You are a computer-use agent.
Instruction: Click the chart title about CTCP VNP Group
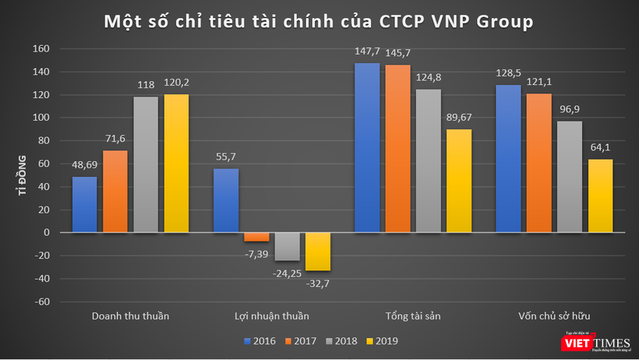click(x=319, y=22)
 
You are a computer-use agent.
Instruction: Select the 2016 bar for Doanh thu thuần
click(x=84, y=204)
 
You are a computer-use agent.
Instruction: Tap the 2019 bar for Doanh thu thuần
click(x=176, y=164)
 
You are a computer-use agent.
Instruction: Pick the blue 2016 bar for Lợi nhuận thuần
click(x=225, y=200)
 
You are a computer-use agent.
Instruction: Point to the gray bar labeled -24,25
click(x=287, y=246)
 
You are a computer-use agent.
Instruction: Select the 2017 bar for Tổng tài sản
click(x=397, y=149)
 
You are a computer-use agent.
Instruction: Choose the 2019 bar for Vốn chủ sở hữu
click(x=600, y=196)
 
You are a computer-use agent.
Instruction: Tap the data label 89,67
click(x=461, y=118)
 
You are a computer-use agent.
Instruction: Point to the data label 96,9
click(x=570, y=111)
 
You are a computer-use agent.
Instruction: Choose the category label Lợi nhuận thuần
click(x=271, y=316)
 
